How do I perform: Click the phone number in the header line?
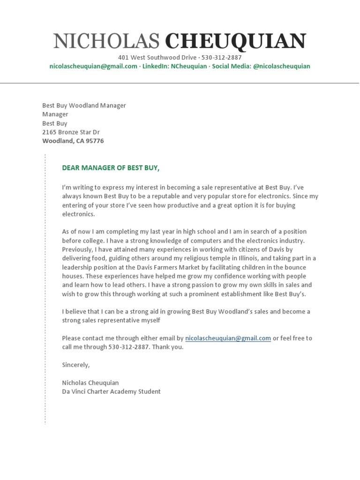[222, 58]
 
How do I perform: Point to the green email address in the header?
[93, 67]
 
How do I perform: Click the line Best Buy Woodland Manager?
[84, 105]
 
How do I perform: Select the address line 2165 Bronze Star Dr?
[71, 132]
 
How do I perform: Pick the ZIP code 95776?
[95, 141]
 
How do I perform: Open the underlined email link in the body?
[228, 338]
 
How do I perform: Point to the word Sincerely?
[75, 365]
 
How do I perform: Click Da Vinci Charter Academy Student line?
[111, 391]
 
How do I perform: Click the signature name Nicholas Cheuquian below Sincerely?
[90, 382]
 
